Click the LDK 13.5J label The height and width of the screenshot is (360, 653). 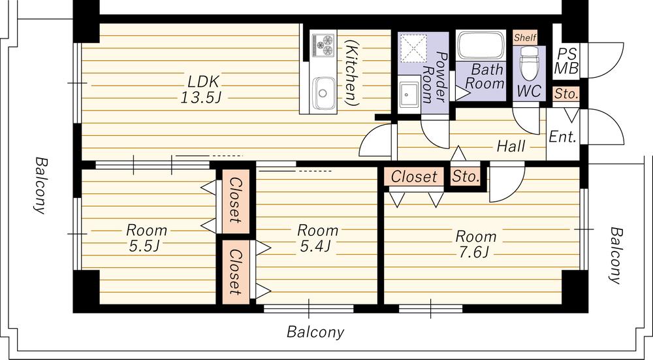point(200,89)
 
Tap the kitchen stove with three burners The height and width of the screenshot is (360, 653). point(323,45)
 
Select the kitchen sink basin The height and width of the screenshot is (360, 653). point(323,93)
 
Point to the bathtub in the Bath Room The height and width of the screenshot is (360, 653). point(481,45)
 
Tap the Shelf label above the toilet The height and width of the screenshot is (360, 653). point(525,37)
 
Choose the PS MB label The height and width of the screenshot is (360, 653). point(567,61)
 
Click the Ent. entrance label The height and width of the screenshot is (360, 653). point(563,137)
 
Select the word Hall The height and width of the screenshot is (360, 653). point(511,146)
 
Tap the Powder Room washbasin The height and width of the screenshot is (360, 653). point(409,94)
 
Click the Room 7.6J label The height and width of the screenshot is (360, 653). point(475,244)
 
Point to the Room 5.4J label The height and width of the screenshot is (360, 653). point(317,238)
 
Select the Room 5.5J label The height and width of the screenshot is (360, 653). point(146,238)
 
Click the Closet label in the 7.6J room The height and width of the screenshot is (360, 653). point(414,176)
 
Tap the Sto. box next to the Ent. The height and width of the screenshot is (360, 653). point(566,93)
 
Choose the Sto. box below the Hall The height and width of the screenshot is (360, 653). point(466,176)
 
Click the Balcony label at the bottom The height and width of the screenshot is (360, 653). point(315,332)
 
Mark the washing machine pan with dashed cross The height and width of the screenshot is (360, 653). point(411,48)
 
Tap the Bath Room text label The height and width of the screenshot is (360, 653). point(484,76)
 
